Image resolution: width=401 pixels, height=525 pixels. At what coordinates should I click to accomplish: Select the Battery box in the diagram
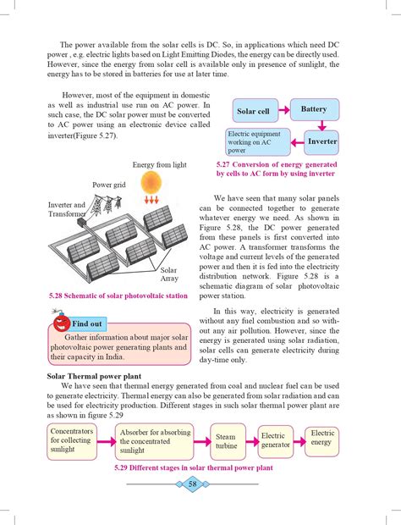(x=314, y=109)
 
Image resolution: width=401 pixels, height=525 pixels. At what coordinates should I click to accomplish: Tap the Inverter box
(x=320, y=141)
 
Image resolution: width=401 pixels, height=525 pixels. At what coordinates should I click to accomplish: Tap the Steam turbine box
(x=227, y=443)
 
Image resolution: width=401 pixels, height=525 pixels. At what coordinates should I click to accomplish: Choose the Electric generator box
(x=275, y=440)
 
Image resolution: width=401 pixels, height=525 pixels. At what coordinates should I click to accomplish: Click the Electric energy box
(x=323, y=438)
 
